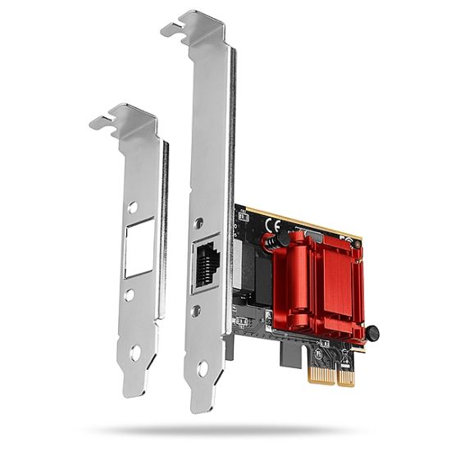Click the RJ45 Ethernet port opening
(205, 266)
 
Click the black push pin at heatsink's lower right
(371, 333)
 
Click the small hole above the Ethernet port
(198, 221)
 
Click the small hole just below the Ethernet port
(196, 310)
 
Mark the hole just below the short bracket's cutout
(130, 292)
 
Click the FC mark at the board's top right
(349, 242)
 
